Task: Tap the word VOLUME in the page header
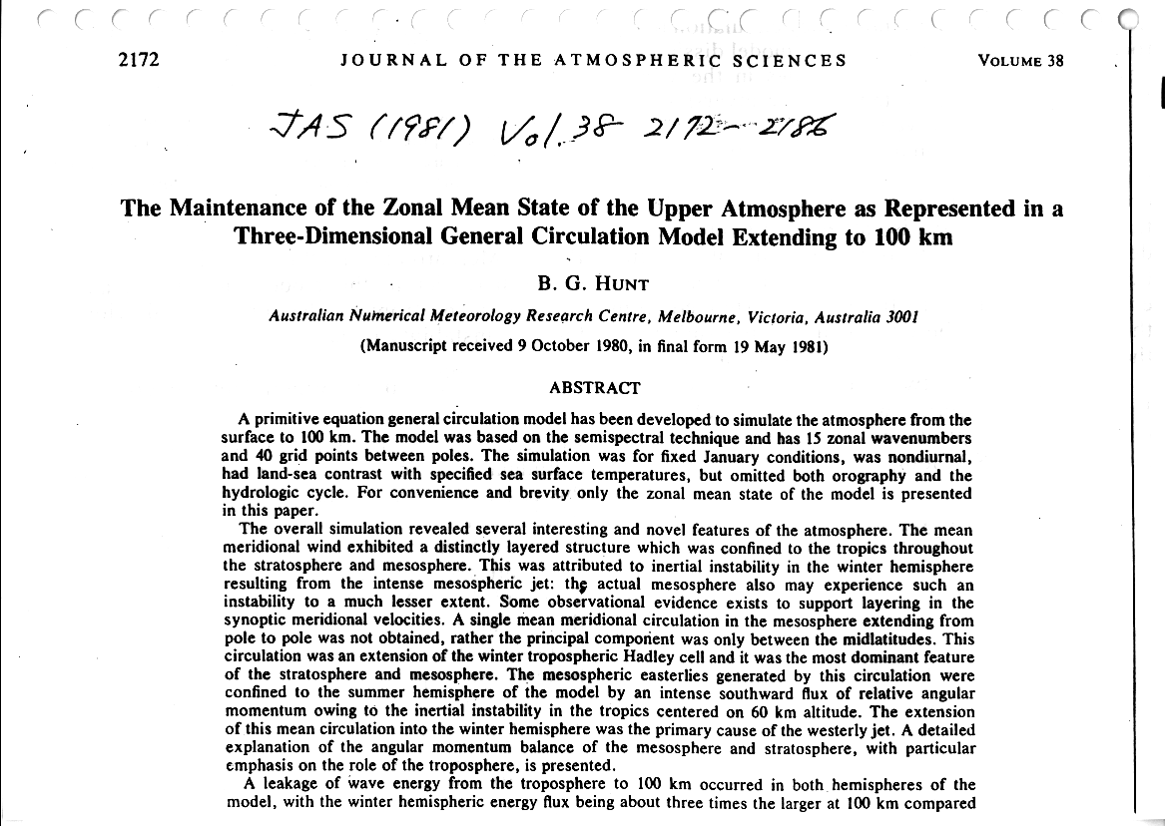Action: tap(1011, 60)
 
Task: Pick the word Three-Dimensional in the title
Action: tap(322, 237)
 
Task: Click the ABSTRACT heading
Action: tap(595, 388)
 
